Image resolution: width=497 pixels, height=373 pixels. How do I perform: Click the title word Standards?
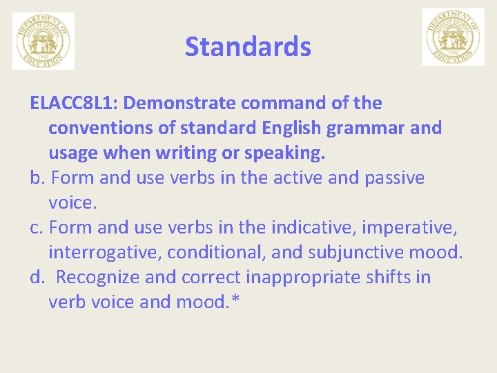click(x=248, y=47)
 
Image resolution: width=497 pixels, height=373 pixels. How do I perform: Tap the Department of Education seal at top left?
click(x=43, y=41)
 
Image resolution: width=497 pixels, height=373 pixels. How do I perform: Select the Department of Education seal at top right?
click(x=453, y=37)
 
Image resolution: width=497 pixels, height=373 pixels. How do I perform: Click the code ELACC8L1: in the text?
click(x=74, y=104)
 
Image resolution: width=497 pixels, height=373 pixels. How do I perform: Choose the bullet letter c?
click(x=37, y=228)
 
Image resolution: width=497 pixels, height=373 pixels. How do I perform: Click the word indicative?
click(x=310, y=228)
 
